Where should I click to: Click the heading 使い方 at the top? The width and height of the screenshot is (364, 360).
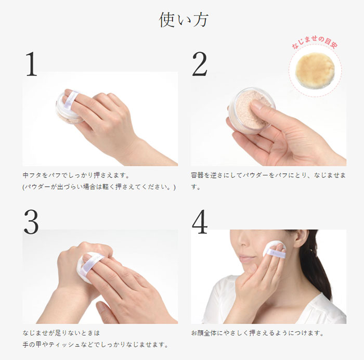point(184,20)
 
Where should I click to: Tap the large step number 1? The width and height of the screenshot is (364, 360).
point(32,64)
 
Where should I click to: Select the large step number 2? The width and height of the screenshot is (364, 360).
point(200,64)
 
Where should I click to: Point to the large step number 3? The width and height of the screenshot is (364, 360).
point(31,222)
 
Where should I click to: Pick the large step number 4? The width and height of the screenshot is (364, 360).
point(200,222)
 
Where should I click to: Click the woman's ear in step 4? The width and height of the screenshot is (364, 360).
point(301,239)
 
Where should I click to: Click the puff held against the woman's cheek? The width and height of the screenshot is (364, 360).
point(274,250)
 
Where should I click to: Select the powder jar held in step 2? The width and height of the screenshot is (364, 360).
point(252,111)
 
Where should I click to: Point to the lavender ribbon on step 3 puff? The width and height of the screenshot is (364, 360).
point(91,265)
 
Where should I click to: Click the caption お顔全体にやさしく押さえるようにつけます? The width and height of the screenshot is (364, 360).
point(257,333)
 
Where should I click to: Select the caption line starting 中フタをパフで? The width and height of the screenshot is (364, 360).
point(76,175)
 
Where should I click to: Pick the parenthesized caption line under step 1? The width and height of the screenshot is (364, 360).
point(99,187)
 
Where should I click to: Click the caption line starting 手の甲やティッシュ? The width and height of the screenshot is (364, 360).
point(95,345)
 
